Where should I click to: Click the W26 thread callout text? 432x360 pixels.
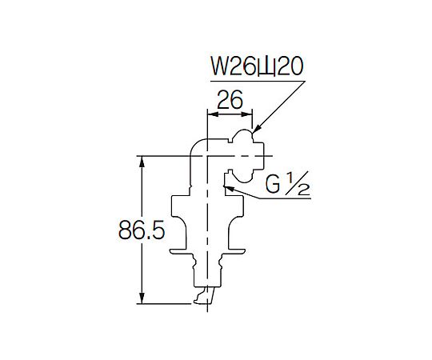(257, 67)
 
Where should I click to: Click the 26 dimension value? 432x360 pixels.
(230, 100)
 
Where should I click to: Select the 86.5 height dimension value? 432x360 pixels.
(142, 230)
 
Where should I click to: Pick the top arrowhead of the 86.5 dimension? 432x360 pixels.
(142, 162)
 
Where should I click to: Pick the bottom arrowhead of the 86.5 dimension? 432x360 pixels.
(142, 298)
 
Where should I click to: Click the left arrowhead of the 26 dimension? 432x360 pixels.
(213, 114)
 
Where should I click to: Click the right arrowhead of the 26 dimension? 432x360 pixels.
(246, 114)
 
